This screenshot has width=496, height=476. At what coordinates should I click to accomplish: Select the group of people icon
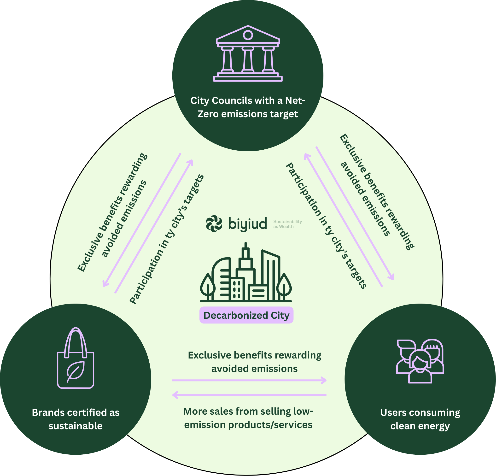(x=420, y=361)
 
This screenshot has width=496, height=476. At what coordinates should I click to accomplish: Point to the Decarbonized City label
(x=246, y=316)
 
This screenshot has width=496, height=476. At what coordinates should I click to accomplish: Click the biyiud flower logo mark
(x=214, y=223)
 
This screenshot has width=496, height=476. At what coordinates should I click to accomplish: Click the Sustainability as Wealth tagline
(x=287, y=224)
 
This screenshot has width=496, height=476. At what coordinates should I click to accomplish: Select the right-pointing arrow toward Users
(x=249, y=380)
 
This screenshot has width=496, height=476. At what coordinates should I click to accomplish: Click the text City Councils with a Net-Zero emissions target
(x=248, y=107)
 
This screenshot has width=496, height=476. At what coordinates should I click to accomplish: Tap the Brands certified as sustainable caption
(x=76, y=419)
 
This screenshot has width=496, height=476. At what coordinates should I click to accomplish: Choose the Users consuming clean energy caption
(x=420, y=419)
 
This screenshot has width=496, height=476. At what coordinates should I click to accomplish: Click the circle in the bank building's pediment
(x=248, y=35)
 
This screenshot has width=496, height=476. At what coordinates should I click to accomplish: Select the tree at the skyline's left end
(x=208, y=286)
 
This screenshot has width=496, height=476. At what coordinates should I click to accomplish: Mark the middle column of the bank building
(x=248, y=60)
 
